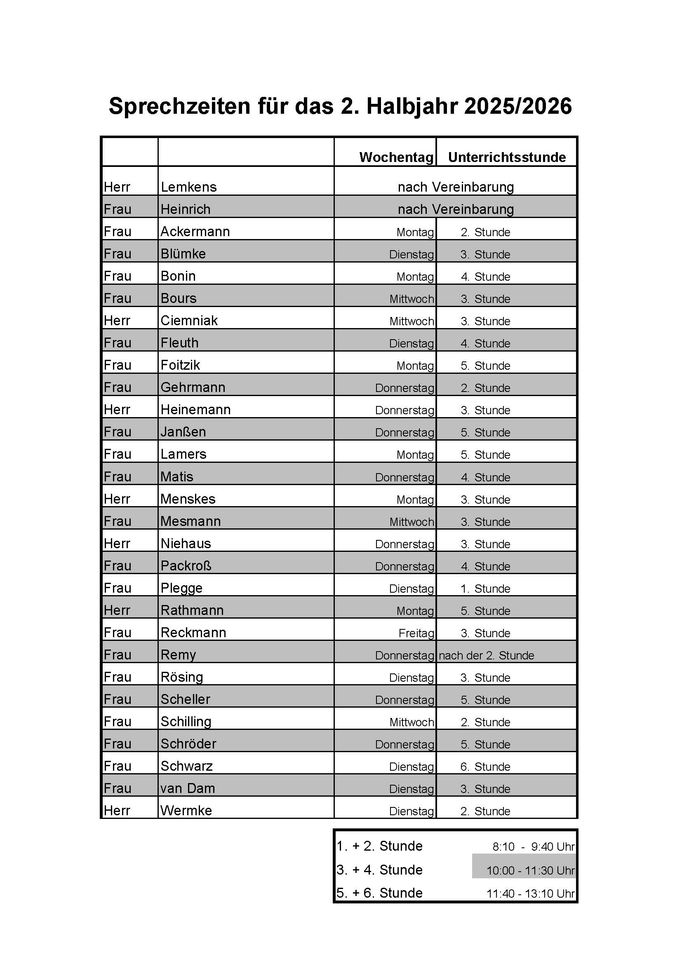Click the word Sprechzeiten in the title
[x=179, y=107]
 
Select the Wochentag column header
[x=396, y=157]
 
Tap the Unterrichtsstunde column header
[x=506, y=157]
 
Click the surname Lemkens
[x=188, y=187]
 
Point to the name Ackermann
[x=195, y=232]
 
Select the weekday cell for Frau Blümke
[x=411, y=254]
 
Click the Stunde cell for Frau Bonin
[x=485, y=277]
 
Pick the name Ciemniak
[x=189, y=321]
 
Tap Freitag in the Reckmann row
[x=416, y=633]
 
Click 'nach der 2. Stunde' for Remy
[x=486, y=655]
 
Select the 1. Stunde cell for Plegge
[x=485, y=589]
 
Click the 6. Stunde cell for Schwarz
[x=485, y=767]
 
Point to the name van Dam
[x=188, y=788]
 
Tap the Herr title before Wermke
[x=117, y=811]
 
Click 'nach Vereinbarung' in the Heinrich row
[x=456, y=209]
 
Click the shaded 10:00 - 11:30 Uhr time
[x=530, y=870]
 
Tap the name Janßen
[x=183, y=432]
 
